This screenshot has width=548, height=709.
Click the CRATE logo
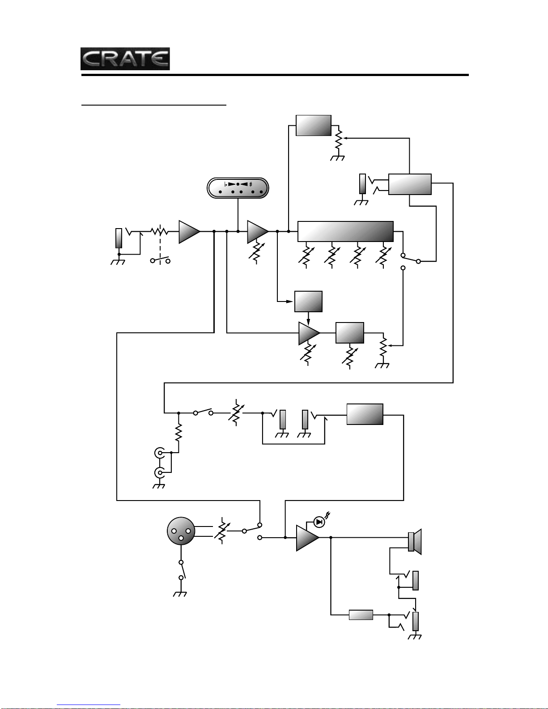click(x=125, y=59)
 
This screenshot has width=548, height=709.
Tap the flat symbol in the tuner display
click(x=225, y=184)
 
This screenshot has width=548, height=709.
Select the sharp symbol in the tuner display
click(x=251, y=184)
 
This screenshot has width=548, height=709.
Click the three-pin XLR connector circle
click(x=181, y=531)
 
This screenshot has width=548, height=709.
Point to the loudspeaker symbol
click(x=415, y=542)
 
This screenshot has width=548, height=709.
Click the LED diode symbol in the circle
click(x=319, y=522)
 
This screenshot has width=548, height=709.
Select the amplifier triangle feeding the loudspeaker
click(x=308, y=538)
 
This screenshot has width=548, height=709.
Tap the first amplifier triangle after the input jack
click(x=190, y=232)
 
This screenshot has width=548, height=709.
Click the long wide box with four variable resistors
click(x=345, y=231)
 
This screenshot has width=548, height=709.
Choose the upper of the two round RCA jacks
click(x=160, y=453)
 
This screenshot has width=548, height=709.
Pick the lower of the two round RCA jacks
click(x=160, y=472)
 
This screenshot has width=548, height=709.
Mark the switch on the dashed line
click(x=160, y=260)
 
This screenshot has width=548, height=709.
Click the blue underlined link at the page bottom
click(x=89, y=705)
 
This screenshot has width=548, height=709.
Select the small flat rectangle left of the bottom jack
click(x=361, y=615)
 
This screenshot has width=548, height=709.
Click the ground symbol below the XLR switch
click(x=180, y=593)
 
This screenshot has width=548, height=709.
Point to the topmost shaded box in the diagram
click(x=314, y=125)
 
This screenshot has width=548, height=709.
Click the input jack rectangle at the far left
click(x=119, y=238)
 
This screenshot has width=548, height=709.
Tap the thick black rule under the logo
click(x=275, y=75)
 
